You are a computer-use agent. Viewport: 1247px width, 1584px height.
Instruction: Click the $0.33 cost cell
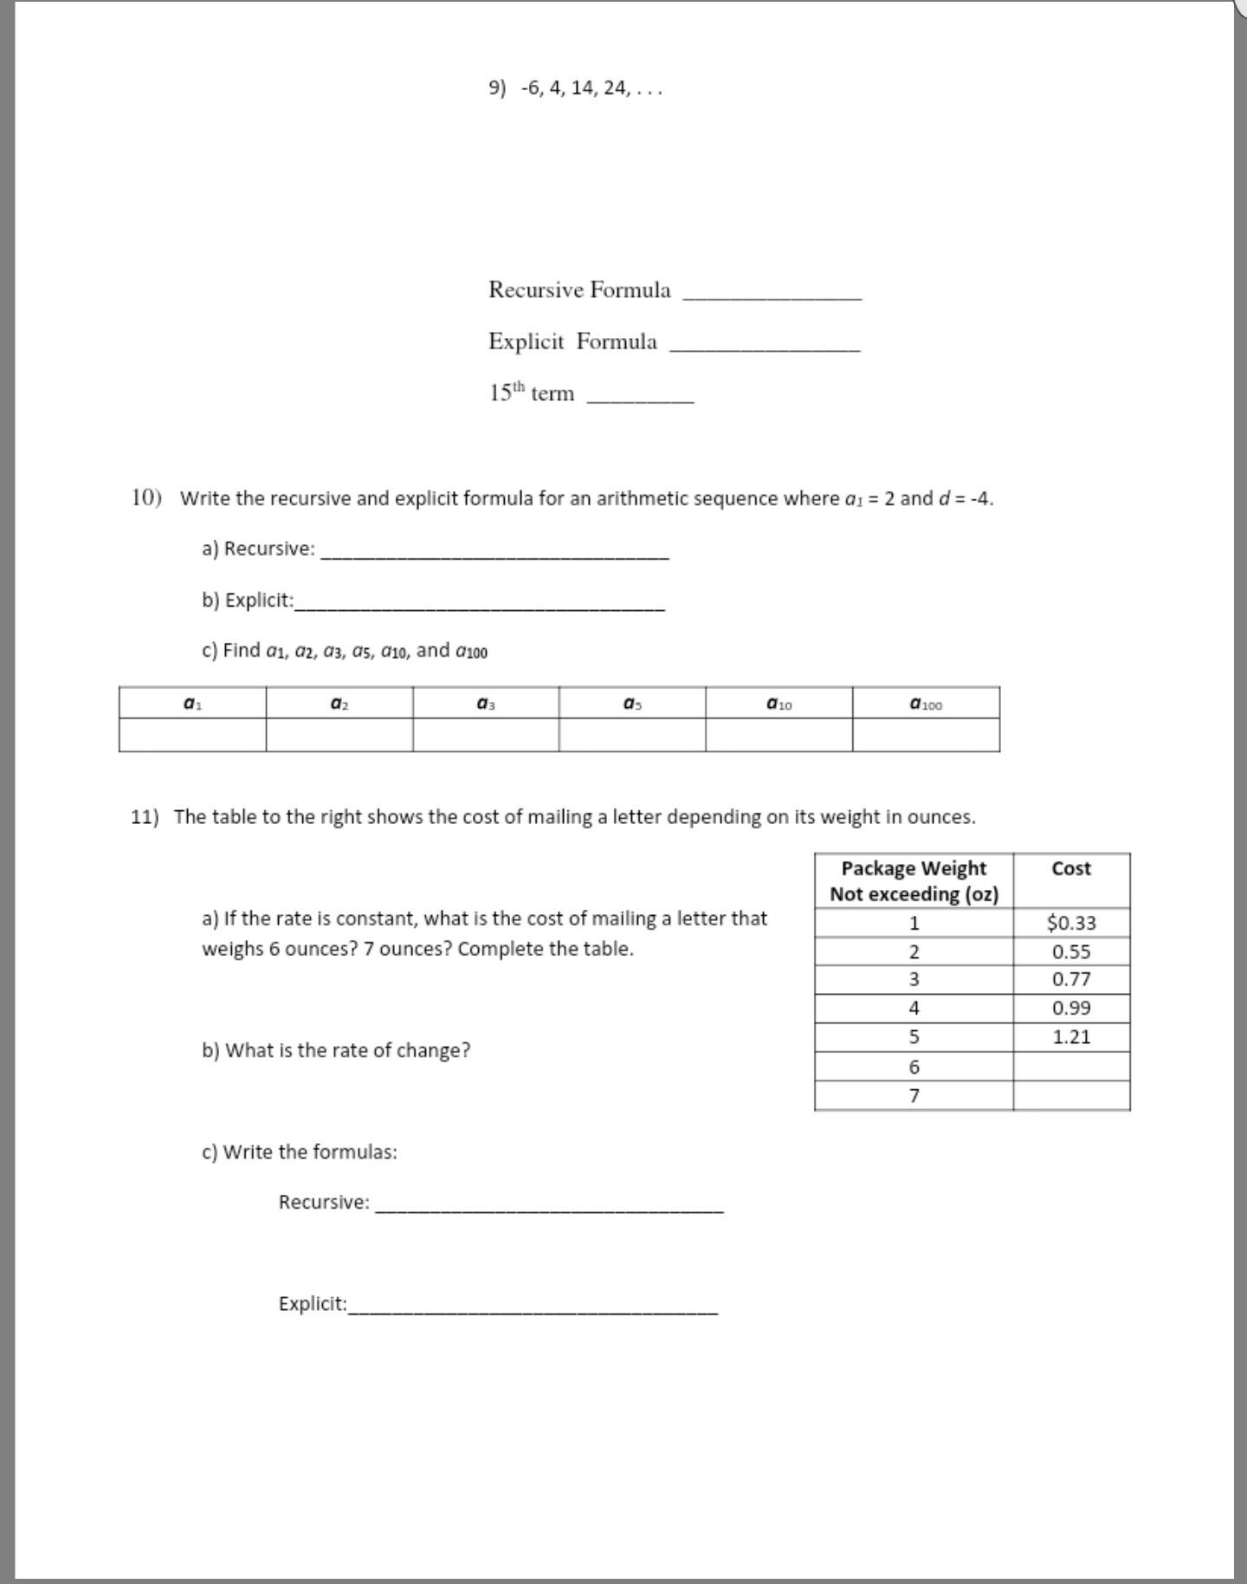point(1071,923)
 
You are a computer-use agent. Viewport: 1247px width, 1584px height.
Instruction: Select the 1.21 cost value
point(1071,1037)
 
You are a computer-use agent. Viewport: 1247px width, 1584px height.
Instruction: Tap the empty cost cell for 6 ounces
point(1071,1067)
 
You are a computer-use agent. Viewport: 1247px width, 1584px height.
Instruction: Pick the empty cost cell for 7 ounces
point(1071,1096)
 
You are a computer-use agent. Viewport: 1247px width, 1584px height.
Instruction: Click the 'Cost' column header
point(1071,869)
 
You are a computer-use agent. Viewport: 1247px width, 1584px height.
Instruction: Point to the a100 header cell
point(926,704)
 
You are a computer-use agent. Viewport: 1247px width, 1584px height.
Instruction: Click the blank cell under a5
point(632,736)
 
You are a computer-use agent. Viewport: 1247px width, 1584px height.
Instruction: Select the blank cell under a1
point(192,736)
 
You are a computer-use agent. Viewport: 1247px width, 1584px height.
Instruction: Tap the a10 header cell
point(779,704)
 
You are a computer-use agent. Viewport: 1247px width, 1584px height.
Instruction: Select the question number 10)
point(146,497)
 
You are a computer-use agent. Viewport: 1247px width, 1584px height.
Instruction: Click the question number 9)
point(497,88)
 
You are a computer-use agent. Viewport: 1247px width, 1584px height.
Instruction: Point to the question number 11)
point(145,817)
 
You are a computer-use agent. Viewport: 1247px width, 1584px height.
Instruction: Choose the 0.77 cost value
point(1071,979)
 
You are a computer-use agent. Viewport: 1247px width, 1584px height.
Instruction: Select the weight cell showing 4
point(914,1008)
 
